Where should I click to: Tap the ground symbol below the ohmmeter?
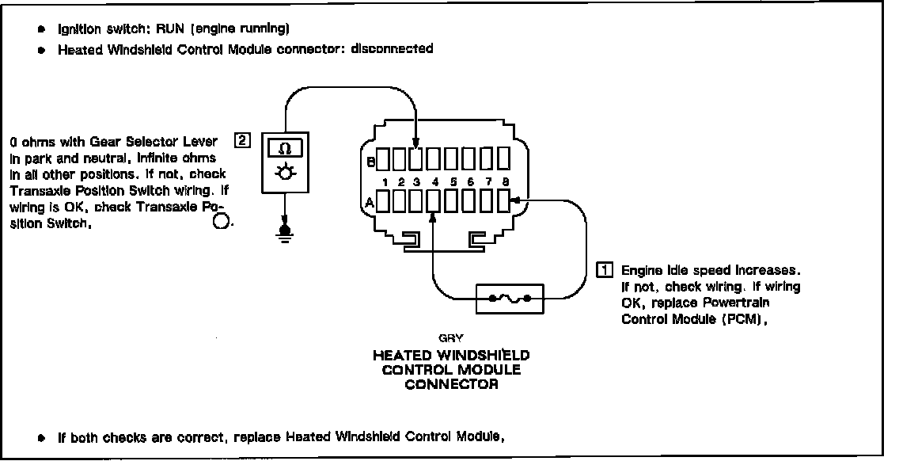point(286,232)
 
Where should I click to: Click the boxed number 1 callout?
point(604,269)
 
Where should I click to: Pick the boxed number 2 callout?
point(243,142)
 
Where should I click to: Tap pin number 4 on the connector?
point(435,183)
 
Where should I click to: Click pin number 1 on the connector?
point(383,183)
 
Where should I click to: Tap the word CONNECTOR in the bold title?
point(451,385)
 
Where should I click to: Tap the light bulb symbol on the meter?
point(283,173)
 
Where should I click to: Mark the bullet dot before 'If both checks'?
point(41,436)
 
